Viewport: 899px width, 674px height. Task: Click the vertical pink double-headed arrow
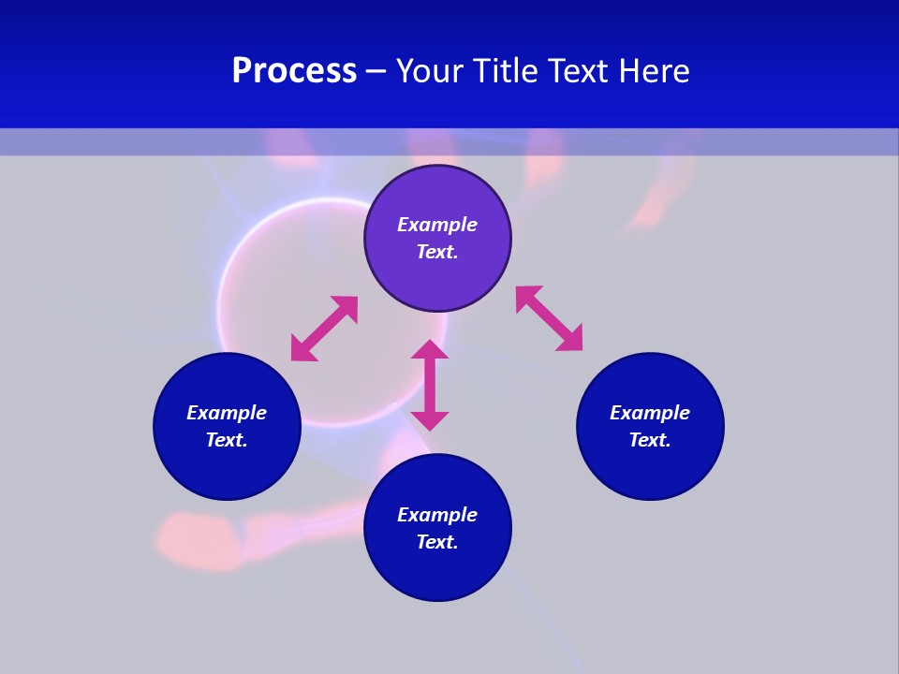[x=430, y=386]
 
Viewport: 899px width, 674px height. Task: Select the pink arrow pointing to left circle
[x=324, y=329]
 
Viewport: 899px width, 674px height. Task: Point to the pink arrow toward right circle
[x=549, y=318]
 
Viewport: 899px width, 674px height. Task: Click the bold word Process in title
[x=294, y=71]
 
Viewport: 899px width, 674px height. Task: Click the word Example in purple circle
[x=437, y=225]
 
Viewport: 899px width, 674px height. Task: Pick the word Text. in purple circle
[x=437, y=252]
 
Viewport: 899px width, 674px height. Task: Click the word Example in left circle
[x=227, y=413]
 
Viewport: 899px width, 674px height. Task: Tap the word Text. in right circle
[x=650, y=440]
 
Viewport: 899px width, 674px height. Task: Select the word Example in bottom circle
[x=437, y=515]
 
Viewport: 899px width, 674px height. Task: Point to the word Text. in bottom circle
[x=437, y=542]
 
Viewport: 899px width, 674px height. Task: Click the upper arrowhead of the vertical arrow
[x=430, y=350]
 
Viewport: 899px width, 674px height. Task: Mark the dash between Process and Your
[x=376, y=72]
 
